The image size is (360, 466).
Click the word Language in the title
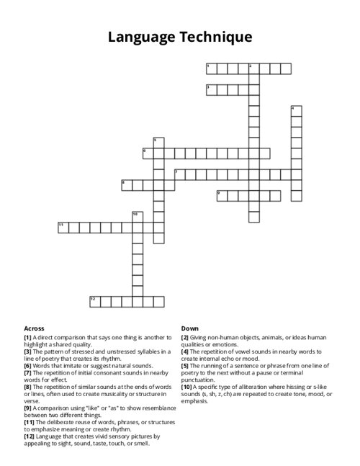[x=140, y=37]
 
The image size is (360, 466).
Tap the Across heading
[x=34, y=328]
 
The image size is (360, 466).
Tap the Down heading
[x=190, y=328]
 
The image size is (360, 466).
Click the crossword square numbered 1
[x=211, y=68]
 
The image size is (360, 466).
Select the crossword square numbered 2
[x=253, y=68]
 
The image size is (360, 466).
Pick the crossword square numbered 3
[x=211, y=89]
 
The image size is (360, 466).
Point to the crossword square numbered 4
[x=296, y=111]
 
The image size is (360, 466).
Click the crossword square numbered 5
[x=158, y=143]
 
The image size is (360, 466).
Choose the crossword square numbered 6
[x=148, y=153]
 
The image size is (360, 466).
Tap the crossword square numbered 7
[x=179, y=174]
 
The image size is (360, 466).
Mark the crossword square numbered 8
[x=127, y=184]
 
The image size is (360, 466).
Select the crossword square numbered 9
[x=222, y=194]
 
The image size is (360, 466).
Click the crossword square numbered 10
[x=137, y=216]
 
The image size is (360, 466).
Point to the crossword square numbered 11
[x=63, y=227]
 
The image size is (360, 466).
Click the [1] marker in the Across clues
[x=27, y=337]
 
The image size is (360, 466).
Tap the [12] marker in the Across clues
[x=29, y=436]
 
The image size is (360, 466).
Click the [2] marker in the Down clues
[x=185, y=337]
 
